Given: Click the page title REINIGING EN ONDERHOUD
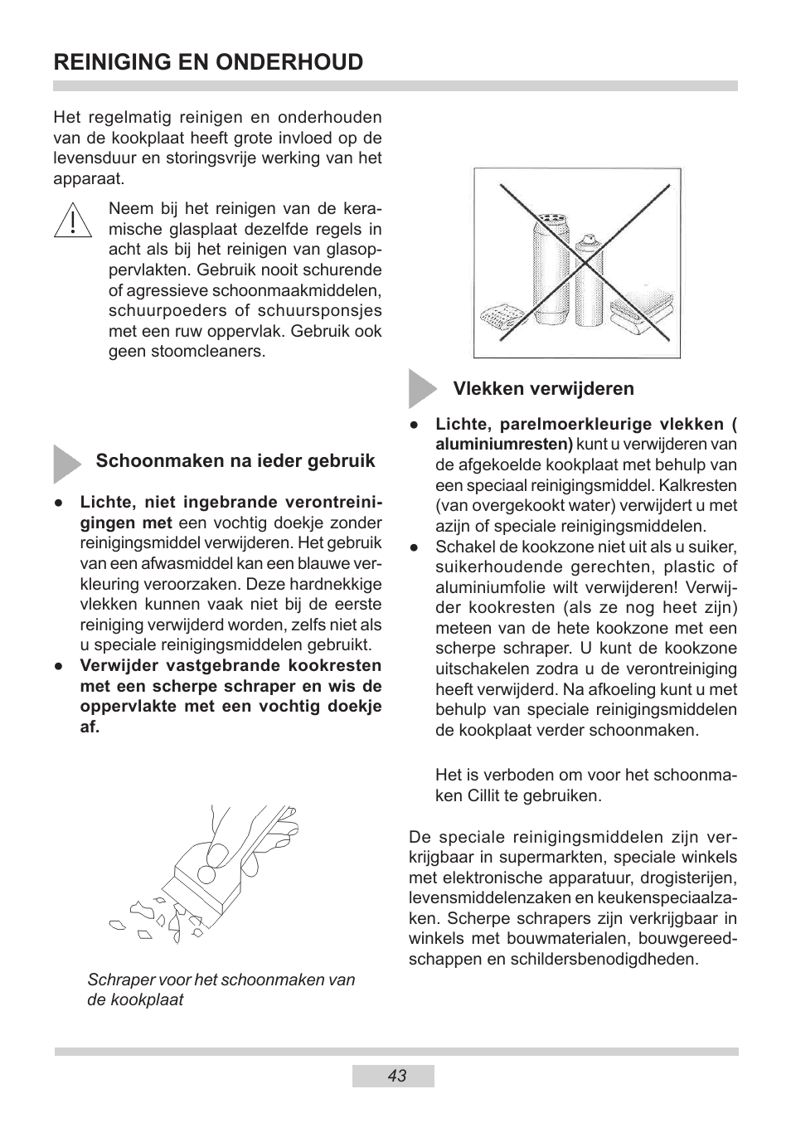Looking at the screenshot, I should pyautogui.click(x=208, y=62).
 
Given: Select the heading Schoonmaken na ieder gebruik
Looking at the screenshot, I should pyautogui.click(x=235, y=461).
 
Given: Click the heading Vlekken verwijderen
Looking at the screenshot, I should pyautogui.click(x=543, y=389).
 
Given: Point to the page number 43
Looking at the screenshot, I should pyautogui.click(x=396, y=1076).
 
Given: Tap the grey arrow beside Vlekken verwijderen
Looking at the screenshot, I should pyautogui.click(x=421, y=388).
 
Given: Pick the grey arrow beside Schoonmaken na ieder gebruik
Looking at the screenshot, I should pyautogui.click(x=66, y=463).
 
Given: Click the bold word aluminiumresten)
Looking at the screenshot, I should pyautogui.click(x=504, y=445).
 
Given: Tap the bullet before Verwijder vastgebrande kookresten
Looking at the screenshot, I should pyautogui.click(x=60, y=666).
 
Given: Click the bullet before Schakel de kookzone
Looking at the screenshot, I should pyautogui.click(x=415, y=547).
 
